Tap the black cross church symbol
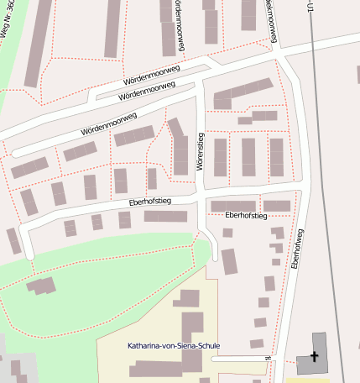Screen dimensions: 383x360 pyautogui.click(x=315, y=357)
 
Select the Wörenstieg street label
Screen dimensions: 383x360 pyautogui.click(x=201, y=152)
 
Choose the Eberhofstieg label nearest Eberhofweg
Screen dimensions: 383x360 pyautogui.click(x=246, y=216)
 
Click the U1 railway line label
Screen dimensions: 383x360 pyautogui.click(x=312, y=8)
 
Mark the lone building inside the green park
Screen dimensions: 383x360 pyautogui.click(x=42, y=286)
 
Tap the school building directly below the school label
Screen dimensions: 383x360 pyautogui.click(x=159, y=367)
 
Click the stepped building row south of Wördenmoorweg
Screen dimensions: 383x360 pyautogui.click(x=244, y=93)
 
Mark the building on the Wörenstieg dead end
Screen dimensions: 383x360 pyautogui.click(x=228, y=261)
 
